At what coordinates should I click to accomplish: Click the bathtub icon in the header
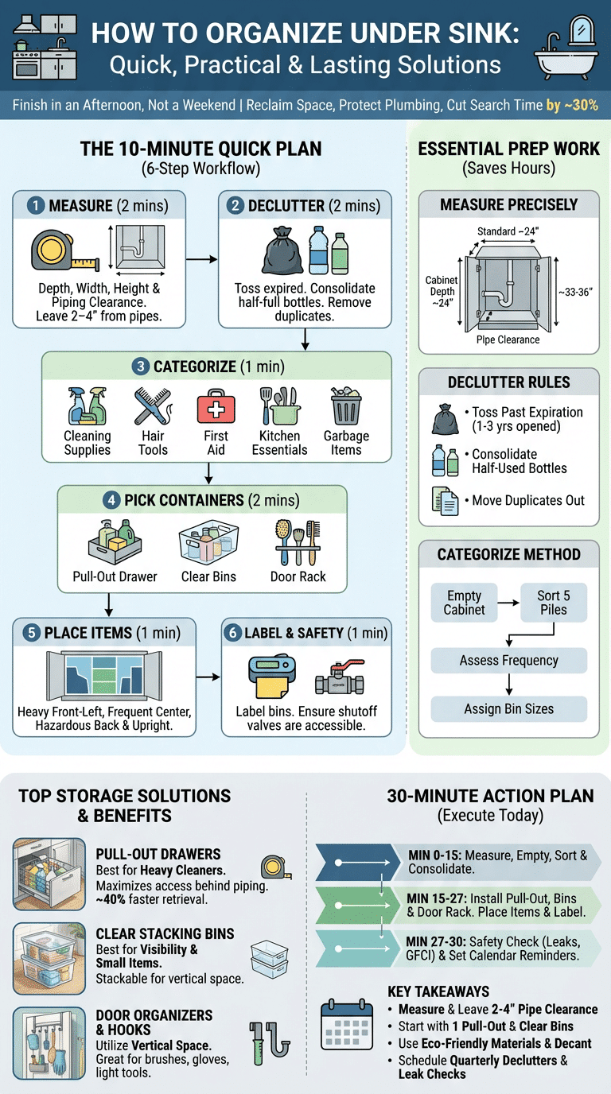point(566,48)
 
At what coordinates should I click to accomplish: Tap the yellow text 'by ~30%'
point(572,105)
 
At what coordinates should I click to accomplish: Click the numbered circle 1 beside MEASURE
point(35,206)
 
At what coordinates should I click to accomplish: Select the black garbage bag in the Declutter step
point(282,250)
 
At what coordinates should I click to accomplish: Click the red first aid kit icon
point(216,405)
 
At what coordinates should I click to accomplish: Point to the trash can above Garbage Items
point(346,405)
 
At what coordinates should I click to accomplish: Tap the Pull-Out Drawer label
point(115,576)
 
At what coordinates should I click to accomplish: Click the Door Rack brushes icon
point(298,542)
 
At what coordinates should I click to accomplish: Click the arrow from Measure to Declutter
point(201,259)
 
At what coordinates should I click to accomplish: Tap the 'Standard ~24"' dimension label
point(508,231)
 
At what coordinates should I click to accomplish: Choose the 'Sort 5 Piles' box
point(554,603)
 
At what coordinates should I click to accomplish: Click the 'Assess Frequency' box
point(509,661)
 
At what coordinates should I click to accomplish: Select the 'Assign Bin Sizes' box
point(509,708)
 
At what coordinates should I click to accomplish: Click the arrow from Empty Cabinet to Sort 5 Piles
point(509,603)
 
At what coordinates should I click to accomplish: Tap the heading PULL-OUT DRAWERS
point(158,854)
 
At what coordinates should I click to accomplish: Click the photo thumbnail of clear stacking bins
point(49,959)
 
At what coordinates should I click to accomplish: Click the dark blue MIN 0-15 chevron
point(358,863)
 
